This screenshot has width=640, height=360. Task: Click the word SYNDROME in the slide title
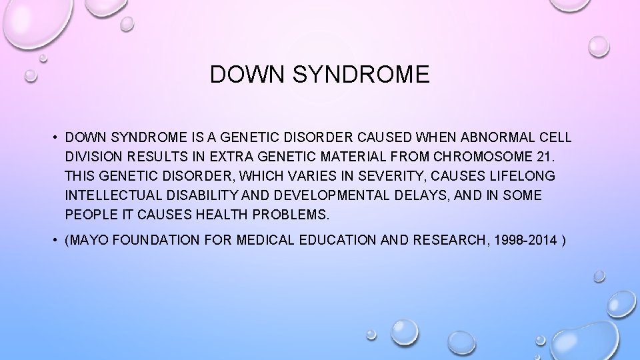click(x=363, y=75)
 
